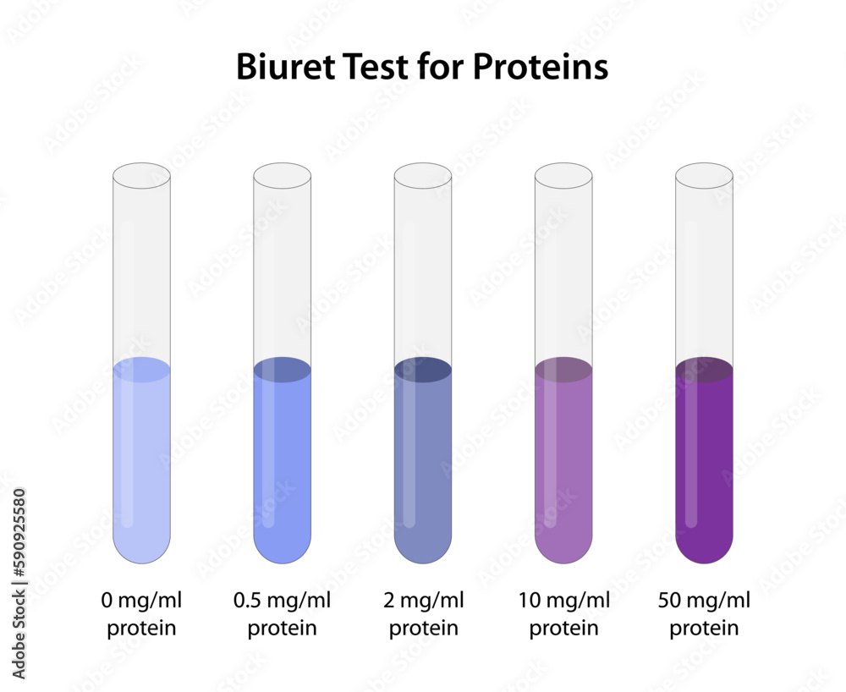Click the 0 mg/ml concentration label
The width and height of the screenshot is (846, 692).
pos(141,601)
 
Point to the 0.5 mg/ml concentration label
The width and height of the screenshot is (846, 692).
pos(283,601)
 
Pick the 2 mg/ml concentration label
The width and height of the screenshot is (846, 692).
pos(424,601)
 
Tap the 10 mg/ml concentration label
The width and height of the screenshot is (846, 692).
pos(563,601)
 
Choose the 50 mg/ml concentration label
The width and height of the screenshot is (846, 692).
pos(704,601)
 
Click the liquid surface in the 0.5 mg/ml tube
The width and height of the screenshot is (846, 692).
pos(283,370)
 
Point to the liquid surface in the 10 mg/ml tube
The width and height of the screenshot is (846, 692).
pos(563,370)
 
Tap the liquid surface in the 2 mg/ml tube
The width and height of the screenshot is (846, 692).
pos(423,370)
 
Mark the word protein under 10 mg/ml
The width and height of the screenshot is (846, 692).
pos(563,629)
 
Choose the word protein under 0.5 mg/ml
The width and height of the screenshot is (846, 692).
pos(283,629)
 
